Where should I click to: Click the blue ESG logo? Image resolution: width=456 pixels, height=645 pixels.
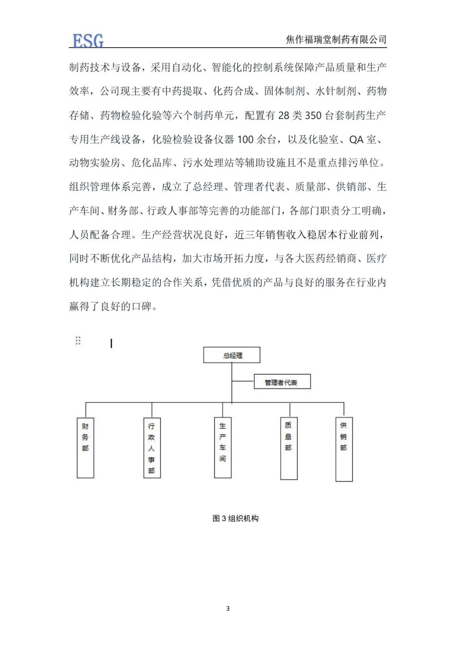click(88, 40)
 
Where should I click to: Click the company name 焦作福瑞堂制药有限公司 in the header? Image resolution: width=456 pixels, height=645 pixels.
click(336, 40)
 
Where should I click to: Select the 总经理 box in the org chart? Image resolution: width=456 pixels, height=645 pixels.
click(232, 355)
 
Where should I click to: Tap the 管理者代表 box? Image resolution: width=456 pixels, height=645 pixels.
click(282, 382)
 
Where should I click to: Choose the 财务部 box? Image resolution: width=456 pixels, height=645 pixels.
click(86, 447)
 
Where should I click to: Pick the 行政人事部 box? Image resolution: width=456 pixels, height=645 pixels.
click(152, 447)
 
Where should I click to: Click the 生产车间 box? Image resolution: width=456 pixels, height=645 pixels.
click(223, 447)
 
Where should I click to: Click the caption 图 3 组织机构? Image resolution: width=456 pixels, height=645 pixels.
click(235, 518)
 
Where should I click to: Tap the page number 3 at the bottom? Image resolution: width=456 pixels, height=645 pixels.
click(228, 608)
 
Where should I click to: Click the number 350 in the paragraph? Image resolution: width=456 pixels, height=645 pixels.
click(313, 116)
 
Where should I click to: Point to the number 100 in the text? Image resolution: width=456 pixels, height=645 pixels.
click(245, 139)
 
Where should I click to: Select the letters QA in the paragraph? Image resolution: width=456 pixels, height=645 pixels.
click(356, 139)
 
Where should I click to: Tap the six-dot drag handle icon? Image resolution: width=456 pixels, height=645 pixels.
click(78, 341)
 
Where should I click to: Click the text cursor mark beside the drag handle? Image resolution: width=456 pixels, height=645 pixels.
click(111, 343)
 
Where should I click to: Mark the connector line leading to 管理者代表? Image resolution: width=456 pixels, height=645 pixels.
click(243, 381)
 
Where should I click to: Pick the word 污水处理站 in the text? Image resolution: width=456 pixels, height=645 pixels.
click(208, 163)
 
